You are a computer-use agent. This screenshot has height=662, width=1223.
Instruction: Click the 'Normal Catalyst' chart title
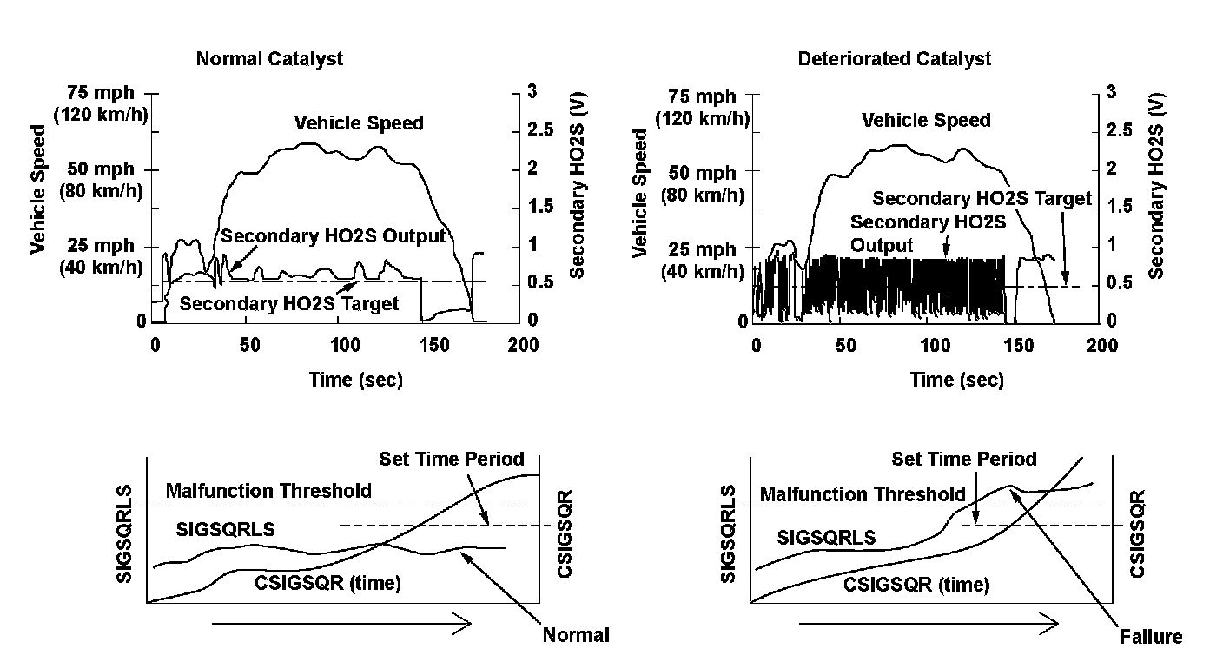coord(269,59)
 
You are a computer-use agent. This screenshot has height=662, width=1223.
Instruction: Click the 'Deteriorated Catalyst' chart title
coord(895,58)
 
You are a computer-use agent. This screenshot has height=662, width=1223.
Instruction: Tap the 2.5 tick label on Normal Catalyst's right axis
coord(540,130)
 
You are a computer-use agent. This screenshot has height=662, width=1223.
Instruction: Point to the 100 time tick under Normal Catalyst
coord(345,345)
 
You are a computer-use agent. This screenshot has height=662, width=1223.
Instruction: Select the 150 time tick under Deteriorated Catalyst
coord(1019,346)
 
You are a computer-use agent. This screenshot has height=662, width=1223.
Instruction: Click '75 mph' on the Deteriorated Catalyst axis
coord(702,97)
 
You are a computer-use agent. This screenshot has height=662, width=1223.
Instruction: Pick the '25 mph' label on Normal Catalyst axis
coord(101,246)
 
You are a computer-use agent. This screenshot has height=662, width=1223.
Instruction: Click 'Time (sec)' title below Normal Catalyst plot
coord(355,380)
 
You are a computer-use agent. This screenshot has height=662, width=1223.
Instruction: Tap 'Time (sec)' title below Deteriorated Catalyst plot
coord(956,380)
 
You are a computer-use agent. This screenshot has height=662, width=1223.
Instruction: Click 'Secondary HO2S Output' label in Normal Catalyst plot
coord(333,236)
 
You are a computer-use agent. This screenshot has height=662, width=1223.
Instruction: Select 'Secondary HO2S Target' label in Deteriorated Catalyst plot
coord(982,198)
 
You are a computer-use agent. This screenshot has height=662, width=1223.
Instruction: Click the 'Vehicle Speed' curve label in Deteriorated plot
coord(926,120)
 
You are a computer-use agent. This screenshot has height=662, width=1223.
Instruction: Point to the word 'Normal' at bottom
coord(576,635)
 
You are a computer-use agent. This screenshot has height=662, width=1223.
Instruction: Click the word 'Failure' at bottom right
coord(1150,637)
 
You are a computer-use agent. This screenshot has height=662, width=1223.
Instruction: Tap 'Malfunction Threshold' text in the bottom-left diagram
coord(268,491)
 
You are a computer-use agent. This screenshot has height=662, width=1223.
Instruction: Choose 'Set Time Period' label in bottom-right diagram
coord(963,459)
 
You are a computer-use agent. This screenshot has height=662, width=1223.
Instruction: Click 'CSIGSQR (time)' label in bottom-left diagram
coord(327,583)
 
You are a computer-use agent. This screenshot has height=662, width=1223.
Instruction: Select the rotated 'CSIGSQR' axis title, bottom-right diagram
coord(1137,533)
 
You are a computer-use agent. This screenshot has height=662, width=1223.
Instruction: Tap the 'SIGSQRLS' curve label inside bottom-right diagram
coord(826,538)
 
